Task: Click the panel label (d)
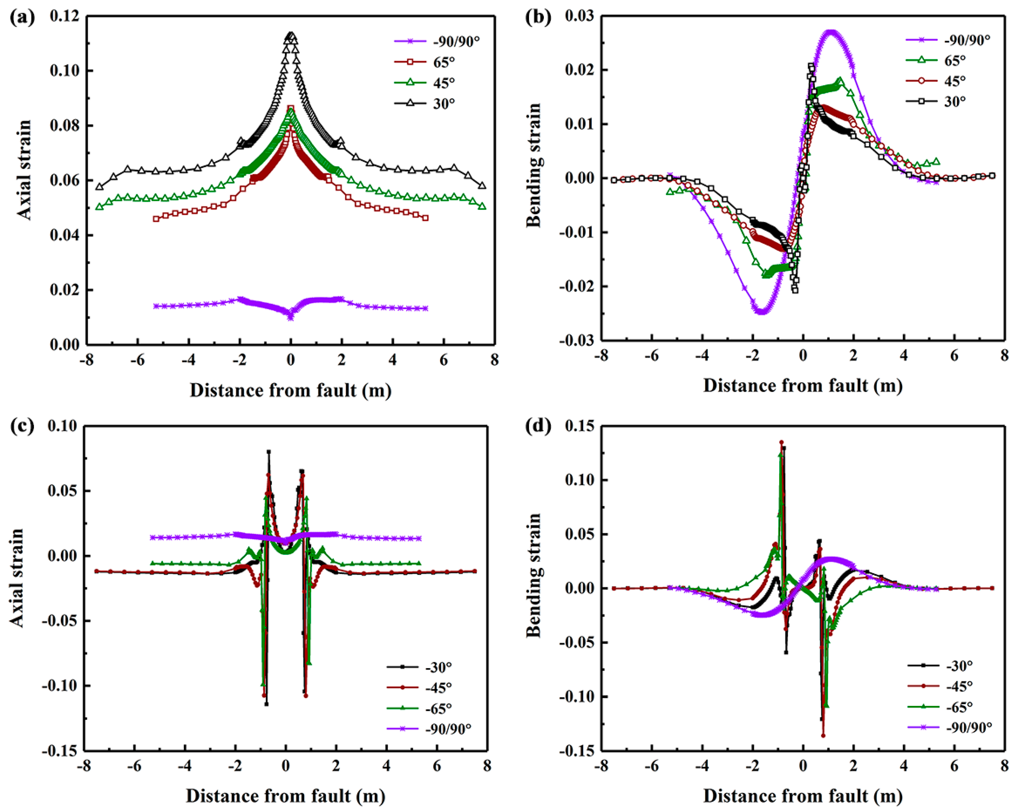tap(538, 426)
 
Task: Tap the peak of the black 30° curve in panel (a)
tap(291, 34)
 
